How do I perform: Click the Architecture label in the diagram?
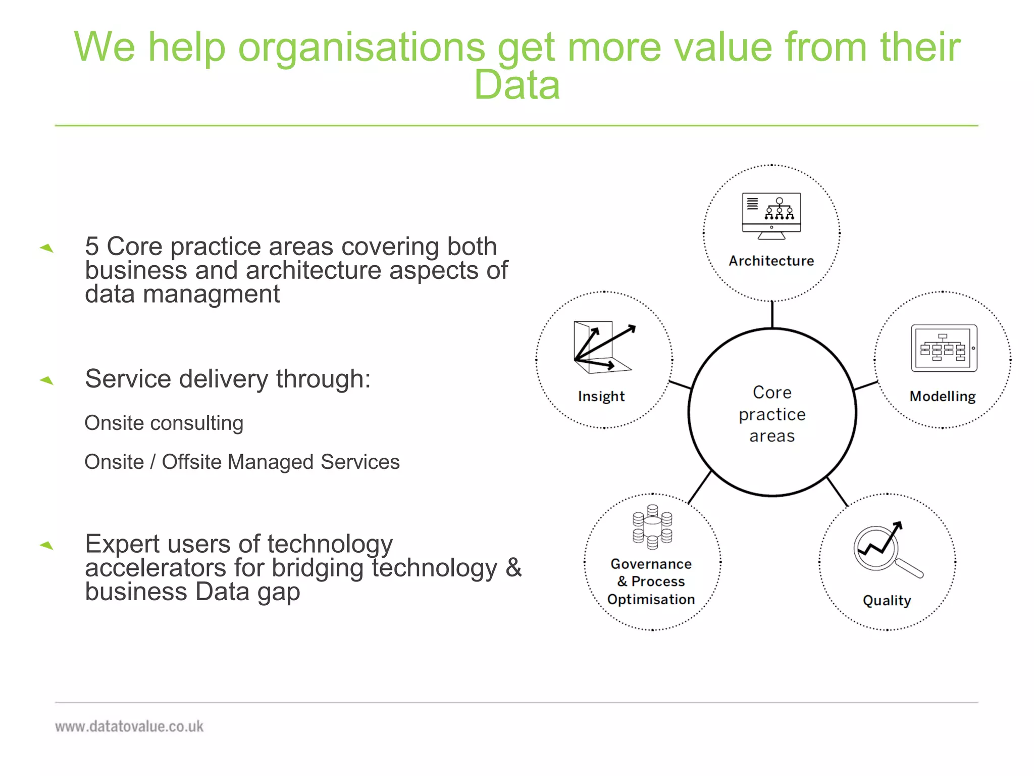point(771,261)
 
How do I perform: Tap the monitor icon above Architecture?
point(771,216)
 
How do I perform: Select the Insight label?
point(601,397)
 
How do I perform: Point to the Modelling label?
point(942,397)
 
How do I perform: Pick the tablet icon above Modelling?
point(944,349)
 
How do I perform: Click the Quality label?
point(887,601)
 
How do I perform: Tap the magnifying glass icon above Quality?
point(887,550)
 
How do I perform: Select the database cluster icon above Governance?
point(652,527)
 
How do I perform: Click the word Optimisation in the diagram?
point(651,600)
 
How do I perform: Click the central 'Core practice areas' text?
point(772,414)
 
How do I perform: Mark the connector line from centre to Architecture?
point(772,314)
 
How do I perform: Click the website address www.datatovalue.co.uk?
point(129,726)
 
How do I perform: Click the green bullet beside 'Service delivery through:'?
point(46,380)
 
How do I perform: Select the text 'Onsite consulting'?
point(164,423)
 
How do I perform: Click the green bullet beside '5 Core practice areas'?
point(46,248)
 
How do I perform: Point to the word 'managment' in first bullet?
point(211,294)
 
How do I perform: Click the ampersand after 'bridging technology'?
point(513,567)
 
